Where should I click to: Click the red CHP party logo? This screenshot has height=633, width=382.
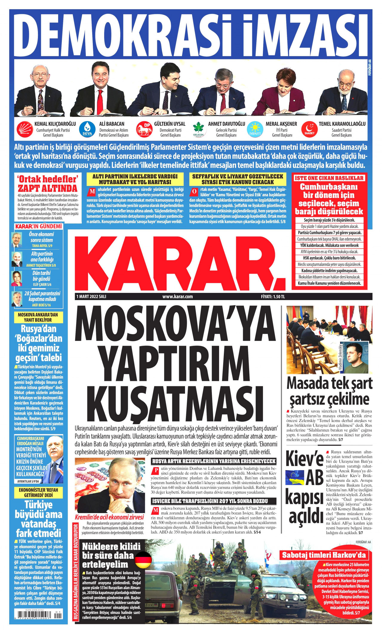[x=25, y=129]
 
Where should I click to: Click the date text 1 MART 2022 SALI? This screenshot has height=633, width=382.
[x=91, y=297]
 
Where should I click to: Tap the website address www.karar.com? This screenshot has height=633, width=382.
[x=178, y=297]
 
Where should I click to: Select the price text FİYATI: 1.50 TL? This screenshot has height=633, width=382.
[x=273, y=297]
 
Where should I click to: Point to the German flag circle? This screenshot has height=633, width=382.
[x=143, y=560]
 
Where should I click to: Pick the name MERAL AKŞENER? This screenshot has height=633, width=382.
[x=281, y=124]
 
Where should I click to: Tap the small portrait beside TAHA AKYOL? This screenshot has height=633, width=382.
[x=16, y=240]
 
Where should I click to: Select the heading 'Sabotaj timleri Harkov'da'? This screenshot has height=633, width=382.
[x=324, y=555]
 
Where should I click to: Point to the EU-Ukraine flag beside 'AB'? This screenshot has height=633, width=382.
[x=295, y=477]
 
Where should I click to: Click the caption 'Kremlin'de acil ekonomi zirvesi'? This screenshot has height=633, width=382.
[x=109, y=517]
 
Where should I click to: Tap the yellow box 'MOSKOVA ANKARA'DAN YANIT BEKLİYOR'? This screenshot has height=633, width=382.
[x=38, y=317]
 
